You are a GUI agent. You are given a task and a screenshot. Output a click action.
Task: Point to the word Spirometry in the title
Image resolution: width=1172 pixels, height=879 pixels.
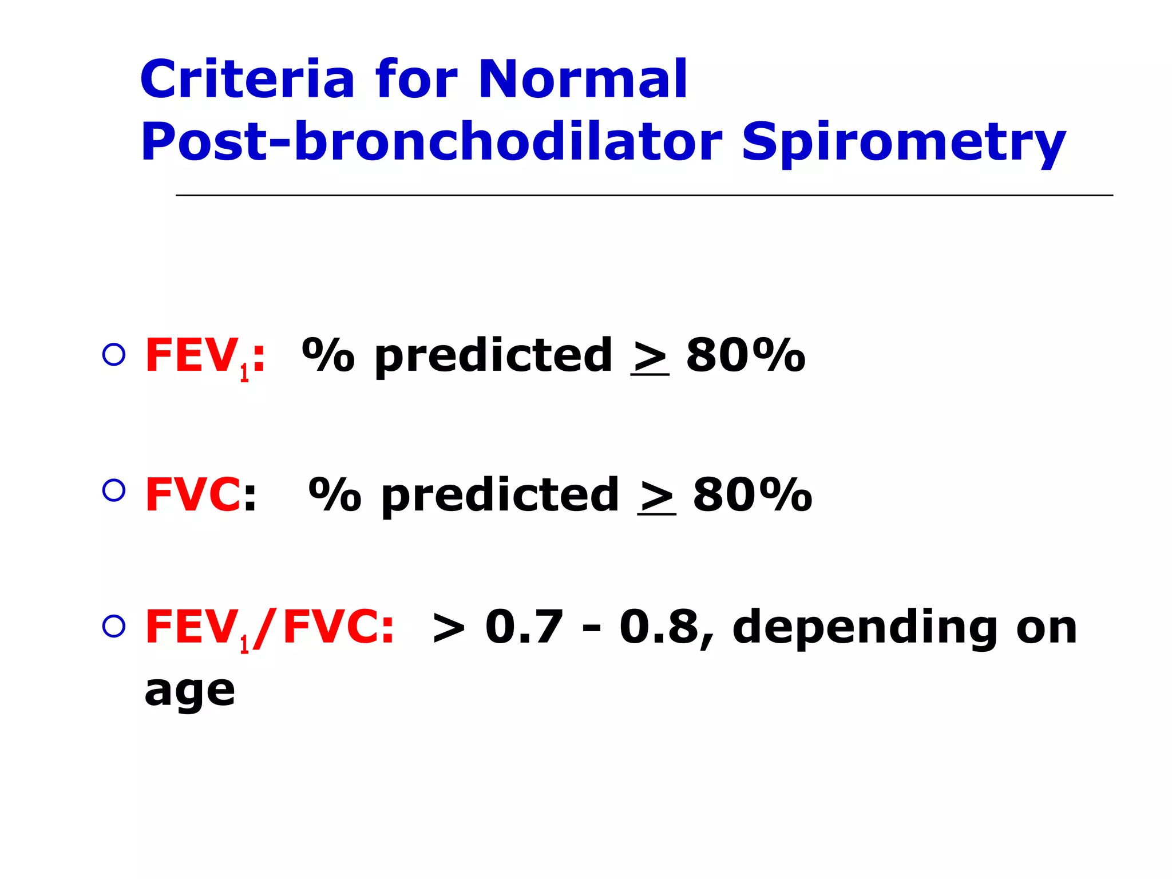[904, 143]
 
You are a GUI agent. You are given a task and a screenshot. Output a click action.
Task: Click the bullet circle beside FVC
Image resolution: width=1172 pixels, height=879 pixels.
[114, 490]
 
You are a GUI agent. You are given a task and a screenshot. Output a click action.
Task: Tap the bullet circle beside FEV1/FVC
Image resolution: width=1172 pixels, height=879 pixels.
[114, 627]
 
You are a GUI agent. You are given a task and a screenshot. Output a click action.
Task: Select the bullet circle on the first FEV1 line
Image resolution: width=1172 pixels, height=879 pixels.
[114, 355]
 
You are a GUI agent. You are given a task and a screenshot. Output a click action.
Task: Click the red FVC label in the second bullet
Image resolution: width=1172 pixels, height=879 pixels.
[192, 495]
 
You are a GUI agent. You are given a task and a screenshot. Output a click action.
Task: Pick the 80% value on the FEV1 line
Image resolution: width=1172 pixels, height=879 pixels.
[746, 355]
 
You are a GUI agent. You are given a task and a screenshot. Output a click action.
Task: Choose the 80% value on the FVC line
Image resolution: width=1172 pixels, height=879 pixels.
[752, 495]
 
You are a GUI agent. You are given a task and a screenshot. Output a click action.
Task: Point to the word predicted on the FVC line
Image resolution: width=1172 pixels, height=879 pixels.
[500, 496]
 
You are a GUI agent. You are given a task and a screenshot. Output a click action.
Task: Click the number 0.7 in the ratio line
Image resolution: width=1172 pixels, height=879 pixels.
[524, 627]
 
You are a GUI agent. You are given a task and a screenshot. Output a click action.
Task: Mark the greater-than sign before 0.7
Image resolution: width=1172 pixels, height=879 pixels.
[449, 628]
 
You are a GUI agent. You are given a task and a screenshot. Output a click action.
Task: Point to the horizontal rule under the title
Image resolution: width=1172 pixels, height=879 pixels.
[644, 195]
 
